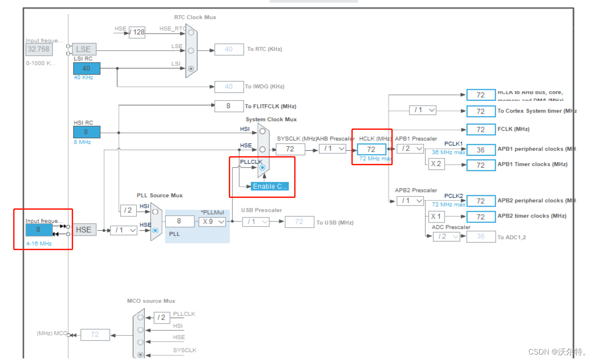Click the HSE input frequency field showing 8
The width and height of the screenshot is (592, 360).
coord(39,230)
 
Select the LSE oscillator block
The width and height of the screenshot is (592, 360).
coord(84,49)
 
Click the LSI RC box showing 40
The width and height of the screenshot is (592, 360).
coord(87,69)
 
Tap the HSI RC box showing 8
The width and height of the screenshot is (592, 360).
coord(87,132)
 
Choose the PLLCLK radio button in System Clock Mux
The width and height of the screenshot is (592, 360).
coord(262,168)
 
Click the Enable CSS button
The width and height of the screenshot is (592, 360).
coord(270,186)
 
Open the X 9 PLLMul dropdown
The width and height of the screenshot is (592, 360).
coord(212,222)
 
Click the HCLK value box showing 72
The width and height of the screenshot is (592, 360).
coord(371,149)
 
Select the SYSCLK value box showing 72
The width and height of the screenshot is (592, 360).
coord(291,149)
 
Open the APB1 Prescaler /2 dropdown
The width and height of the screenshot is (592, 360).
coord(410,148)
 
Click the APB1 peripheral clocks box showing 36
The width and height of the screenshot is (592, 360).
coord(481,150)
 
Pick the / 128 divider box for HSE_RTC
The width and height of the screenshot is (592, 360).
coord(137,32)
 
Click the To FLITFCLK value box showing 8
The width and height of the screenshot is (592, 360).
coord(228,106)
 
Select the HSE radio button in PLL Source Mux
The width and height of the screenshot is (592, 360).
coord(156,230)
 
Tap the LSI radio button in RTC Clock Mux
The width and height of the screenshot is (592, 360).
coord(191,69)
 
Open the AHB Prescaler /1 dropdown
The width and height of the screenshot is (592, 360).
coord(332,148)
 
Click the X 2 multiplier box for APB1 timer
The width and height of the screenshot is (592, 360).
coord(436,164)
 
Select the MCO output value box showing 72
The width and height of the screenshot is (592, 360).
coord(95,335)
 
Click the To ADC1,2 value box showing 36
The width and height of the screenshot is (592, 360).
coord(481,237)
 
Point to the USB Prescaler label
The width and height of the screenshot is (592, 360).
coord(261,210)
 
